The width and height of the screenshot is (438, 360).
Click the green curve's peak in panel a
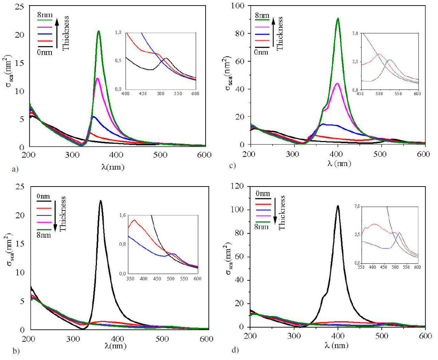(99, 31)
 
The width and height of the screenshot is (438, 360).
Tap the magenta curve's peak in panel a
(97, 78)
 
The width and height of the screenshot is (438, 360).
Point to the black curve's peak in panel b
(101, 201)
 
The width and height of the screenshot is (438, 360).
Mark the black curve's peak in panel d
(338, 206)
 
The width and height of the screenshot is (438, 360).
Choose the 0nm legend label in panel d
(262, 193)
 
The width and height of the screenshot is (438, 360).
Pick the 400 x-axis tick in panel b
(118, 339)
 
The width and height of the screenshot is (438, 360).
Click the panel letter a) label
(15, 170)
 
